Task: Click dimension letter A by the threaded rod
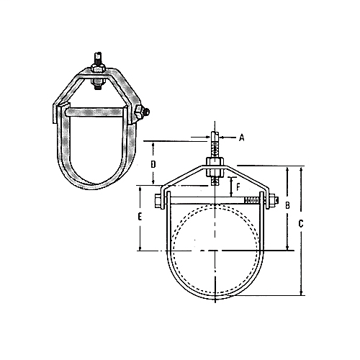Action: pos(242,136)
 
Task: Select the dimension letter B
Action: pos(287,206)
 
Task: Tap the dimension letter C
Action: pos(301,224)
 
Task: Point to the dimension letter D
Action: pos(153,164)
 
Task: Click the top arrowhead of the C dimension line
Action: pos(301,167)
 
